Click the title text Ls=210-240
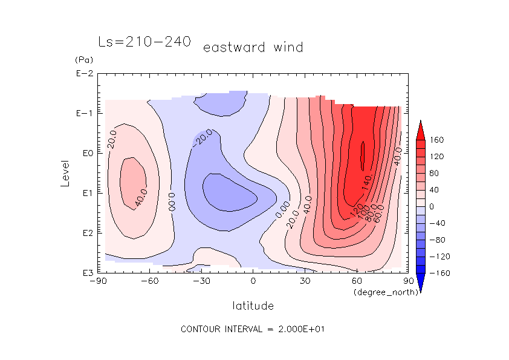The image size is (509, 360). coord(144,42)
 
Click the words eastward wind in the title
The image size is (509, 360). coord(253,47)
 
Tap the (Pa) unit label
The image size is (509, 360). coord(82,60)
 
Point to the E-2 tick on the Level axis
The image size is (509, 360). coord(83,74)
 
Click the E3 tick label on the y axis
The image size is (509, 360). coord(85,273)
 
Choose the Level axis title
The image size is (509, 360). coord(66,172)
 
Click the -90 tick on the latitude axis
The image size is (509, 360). coord(98,281)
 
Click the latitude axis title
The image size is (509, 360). coord(253,306)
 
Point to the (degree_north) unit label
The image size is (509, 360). coord(378,292)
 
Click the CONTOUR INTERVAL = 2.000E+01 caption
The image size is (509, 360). coord(254,329)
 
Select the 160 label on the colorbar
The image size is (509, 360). coord(436,140)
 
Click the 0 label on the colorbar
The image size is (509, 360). coord(432,207)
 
